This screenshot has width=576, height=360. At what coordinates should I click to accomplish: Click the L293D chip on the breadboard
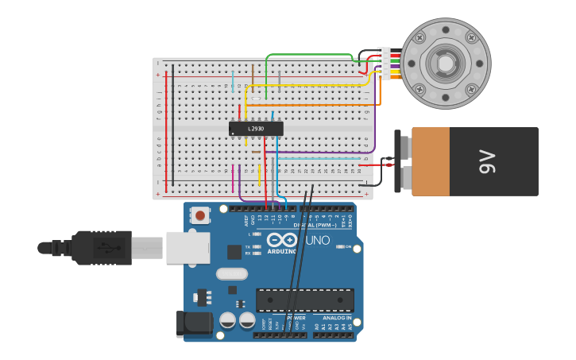(x=256, y=129)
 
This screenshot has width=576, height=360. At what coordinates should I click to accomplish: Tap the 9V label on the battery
(x=486, y=161)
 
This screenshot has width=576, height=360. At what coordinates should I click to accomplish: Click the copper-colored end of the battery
(x=430, y=161)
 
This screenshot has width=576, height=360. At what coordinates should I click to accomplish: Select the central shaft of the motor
(x=445, y=64)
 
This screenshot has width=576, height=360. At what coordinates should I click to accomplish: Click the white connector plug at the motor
(x=385, y=63)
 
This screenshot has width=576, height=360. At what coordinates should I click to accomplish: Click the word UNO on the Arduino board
(x=317, y=240)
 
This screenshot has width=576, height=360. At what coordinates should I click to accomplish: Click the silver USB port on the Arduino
(x=188, y=247)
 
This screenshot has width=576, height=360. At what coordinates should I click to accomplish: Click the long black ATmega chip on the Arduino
(x=305, y=300)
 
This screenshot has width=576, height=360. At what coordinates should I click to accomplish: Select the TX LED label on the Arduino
(x=248, y=247)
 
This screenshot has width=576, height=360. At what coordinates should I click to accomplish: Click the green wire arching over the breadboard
(x=310, y=56)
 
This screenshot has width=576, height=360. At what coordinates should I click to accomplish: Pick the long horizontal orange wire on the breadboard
(x=318, y=105)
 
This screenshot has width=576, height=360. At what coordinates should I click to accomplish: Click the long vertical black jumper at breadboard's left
(x=173, y=127)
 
